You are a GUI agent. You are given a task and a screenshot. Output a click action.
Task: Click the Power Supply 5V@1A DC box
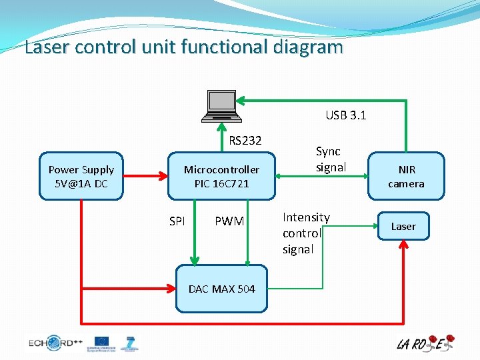81,177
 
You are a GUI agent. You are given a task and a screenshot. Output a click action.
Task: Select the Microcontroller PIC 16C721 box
221,177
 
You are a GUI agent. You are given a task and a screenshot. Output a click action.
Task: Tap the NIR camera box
406,177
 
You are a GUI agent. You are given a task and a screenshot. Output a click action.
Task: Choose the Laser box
403,227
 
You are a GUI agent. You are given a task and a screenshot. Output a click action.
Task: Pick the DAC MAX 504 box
221,289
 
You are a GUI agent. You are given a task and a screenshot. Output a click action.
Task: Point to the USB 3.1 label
345,115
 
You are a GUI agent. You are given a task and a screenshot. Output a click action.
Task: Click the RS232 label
245,141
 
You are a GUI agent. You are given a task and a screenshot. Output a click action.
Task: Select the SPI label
177,221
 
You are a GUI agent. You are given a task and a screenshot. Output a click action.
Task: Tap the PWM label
229,221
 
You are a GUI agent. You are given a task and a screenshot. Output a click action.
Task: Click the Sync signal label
331,159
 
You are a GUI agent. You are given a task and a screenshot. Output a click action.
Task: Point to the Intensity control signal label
306,233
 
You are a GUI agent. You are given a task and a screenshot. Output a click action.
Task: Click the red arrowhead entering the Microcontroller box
163,177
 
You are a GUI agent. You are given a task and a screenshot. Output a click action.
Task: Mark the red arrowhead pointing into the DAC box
171,289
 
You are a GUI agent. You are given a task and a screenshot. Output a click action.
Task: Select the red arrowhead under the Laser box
403,245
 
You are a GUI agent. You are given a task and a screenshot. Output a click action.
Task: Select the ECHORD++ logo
55,343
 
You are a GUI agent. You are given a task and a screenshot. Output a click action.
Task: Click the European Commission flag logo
102,343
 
